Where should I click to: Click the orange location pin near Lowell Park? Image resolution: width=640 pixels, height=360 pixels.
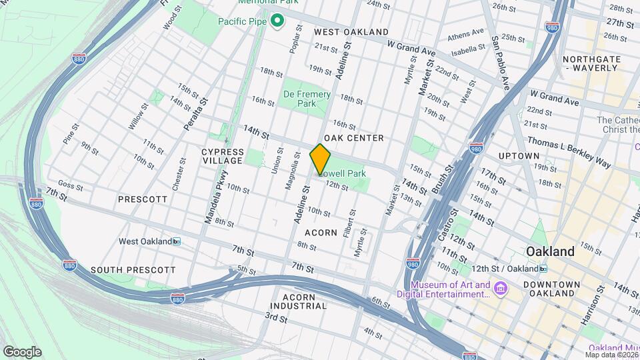click(321, 159)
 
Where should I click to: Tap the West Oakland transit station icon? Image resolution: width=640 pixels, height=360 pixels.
click(177, 241)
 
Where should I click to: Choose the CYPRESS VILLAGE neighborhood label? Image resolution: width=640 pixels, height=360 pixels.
click(222, 156)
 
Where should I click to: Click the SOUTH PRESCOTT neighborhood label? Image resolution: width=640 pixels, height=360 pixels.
click(133, 270)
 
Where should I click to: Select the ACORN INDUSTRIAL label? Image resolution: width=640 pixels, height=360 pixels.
click(305, 301)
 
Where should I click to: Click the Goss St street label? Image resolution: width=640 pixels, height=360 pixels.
click(71, 183)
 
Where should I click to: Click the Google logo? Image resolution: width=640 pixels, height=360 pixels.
click(22, 351)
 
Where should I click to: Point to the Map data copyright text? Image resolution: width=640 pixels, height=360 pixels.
click(608, 355)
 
